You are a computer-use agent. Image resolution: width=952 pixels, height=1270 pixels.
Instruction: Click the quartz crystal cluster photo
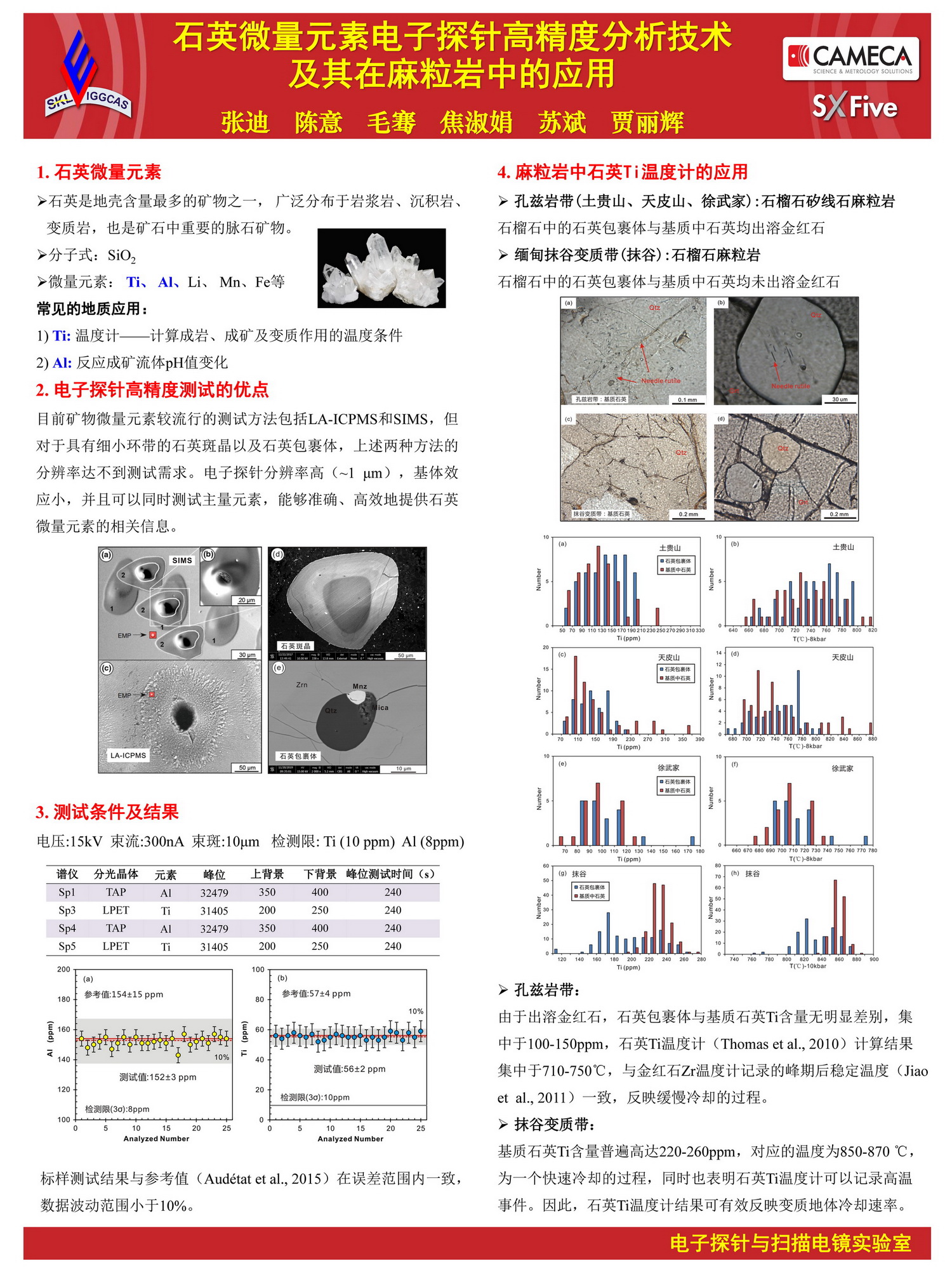click(x=381, y=268)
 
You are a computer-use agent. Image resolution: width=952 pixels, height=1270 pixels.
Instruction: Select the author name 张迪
click(x=245, y=122)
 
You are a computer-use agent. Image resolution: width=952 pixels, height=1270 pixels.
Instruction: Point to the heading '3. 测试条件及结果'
click(x=107, y=812)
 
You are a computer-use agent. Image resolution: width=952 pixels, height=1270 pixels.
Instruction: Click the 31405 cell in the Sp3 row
click(x=214, y=911)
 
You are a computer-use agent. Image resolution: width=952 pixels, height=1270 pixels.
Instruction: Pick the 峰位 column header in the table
click(x=214, y=874)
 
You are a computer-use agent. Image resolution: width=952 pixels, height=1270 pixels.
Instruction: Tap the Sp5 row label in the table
click(x=67, y=946)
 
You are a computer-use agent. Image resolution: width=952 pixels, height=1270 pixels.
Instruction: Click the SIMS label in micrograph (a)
click(x=182, y=560)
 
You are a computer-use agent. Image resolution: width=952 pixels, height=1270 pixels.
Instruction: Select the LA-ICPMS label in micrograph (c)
click(x=128, y=756)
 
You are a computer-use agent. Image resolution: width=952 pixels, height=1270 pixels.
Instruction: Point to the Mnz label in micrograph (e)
click(x=360, y=686)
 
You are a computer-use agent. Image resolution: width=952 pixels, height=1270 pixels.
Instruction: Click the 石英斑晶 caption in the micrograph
click(x=296, y=646)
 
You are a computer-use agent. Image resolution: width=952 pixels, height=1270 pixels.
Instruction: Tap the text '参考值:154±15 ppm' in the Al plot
click(x=124, y=994)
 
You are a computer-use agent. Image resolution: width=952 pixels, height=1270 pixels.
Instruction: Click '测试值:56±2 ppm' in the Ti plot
click(x=350, y=1069)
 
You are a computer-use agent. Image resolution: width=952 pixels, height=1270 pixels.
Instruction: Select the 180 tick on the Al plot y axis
click(x=64, y=999)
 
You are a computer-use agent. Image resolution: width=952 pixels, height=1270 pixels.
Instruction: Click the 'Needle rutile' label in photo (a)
click(x=661, y=381)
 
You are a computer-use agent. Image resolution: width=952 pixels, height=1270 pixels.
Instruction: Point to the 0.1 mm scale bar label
click(x=687, y=400)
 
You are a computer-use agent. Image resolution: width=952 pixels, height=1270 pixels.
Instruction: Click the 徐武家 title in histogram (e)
click(x=668, y=768)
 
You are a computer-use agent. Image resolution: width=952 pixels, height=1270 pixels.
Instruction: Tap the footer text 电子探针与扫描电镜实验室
click(x=790, y=1243)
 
